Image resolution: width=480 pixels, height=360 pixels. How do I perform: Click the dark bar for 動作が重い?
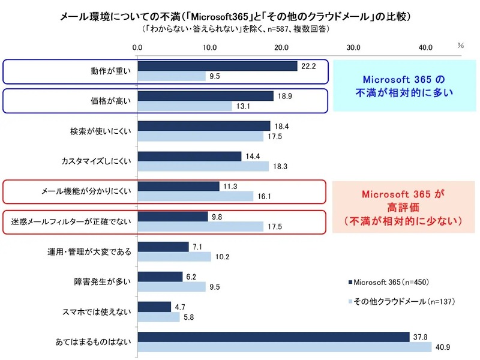(x=217, y=66)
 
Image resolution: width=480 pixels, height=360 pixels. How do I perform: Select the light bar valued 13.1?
(x=185, y=106)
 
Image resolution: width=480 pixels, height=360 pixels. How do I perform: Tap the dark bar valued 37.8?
(x=274, y=337)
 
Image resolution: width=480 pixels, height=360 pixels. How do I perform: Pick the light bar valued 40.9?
(x=284, y=347)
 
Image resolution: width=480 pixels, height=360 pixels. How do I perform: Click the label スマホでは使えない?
(x=98, y=312)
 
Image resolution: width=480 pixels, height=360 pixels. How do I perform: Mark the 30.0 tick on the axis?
(x=353, y=47)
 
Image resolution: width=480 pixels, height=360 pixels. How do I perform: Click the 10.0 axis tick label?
(x=209, y=47)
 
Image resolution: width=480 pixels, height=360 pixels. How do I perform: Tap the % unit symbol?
(x=460, y=45)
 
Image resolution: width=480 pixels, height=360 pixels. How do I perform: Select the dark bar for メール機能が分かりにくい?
(x=178, y=186)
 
